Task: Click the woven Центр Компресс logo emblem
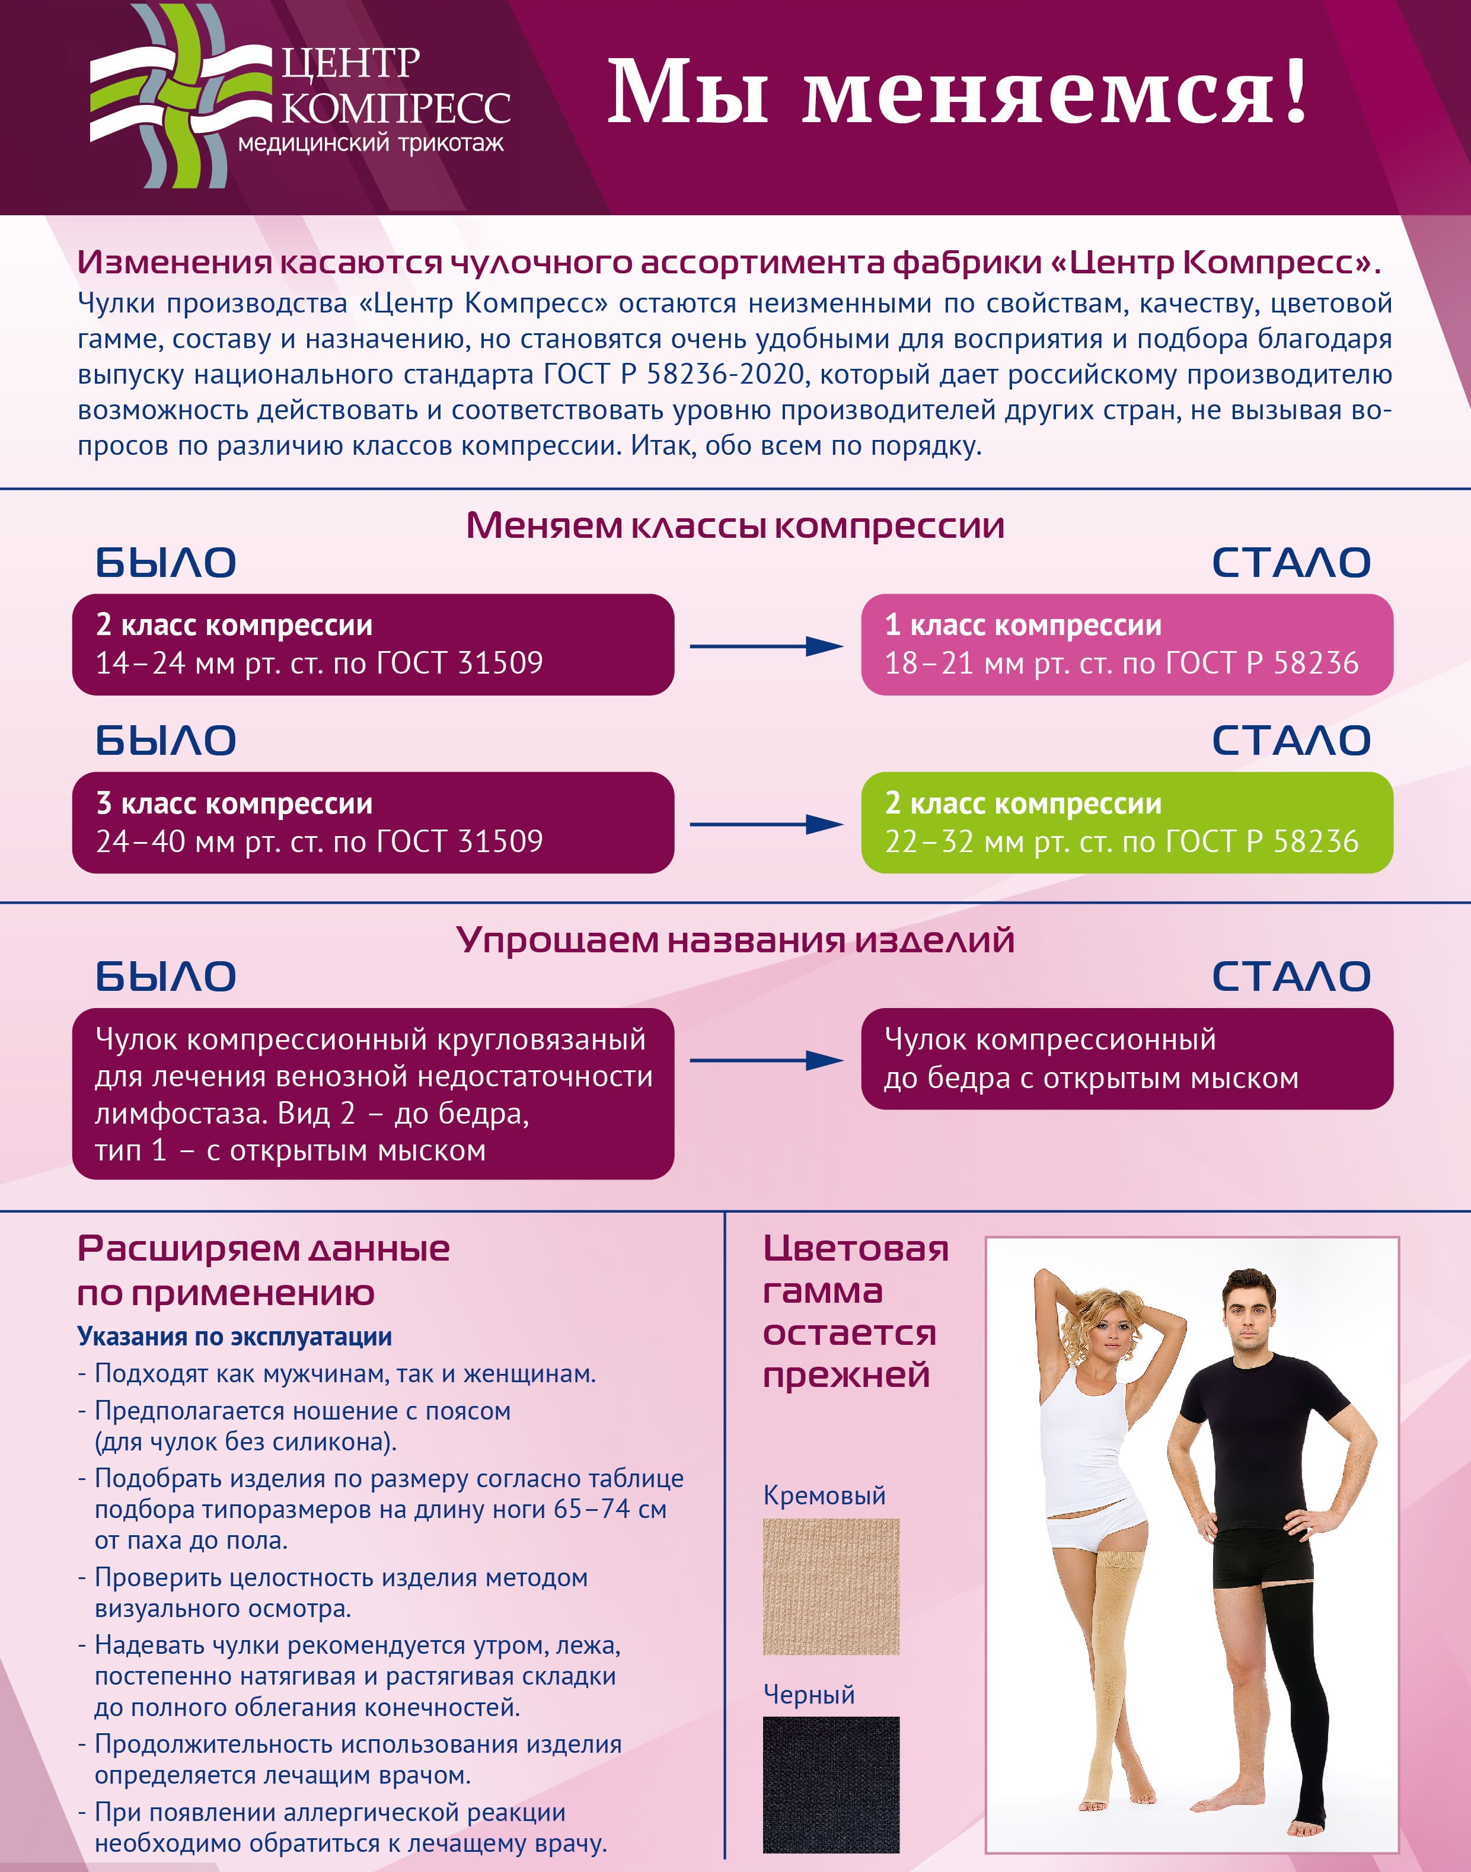pyautogui.click(x=177, y=97)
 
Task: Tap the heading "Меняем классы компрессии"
pyautogui.click(x=735, y=525)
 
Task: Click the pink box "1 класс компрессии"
pyautogui.click(x=1127, y=644)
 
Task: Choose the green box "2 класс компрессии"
pyautogui.click(x=1127, y=822)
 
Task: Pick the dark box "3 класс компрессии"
pyautogui.click(x=372, y=822)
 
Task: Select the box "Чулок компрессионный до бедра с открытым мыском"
pyautogui.click(x=1127, y=1058)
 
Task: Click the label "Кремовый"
pyautogui.click(x=824, y=1495)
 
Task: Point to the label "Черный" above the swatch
pyautogui.click(x=809, y=1694)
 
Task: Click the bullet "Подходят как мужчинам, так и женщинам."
pyautogui.click(x=344, y=1373)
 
